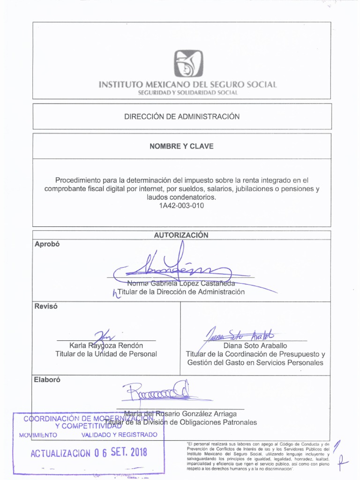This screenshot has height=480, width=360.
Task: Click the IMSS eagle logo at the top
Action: click(x=189, y=64)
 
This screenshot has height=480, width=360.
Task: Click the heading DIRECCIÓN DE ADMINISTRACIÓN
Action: click(x=181, y=116)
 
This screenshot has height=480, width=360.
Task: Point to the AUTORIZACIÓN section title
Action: click(x=181, y=235)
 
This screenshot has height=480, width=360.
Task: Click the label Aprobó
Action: click(x=48, y=244)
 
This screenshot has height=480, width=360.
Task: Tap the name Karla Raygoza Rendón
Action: click(x=105, y=345)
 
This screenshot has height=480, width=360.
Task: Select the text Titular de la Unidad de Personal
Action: click(x=106, y=354)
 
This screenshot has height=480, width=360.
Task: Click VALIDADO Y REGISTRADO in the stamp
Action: click(x=120, y=435)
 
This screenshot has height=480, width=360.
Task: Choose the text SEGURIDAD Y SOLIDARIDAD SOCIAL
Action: click(x=188, y=93)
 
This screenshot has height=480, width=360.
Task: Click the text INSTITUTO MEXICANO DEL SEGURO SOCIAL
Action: click(x=188, y=85)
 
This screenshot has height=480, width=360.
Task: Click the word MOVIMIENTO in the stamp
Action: click(x=38, y=435)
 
